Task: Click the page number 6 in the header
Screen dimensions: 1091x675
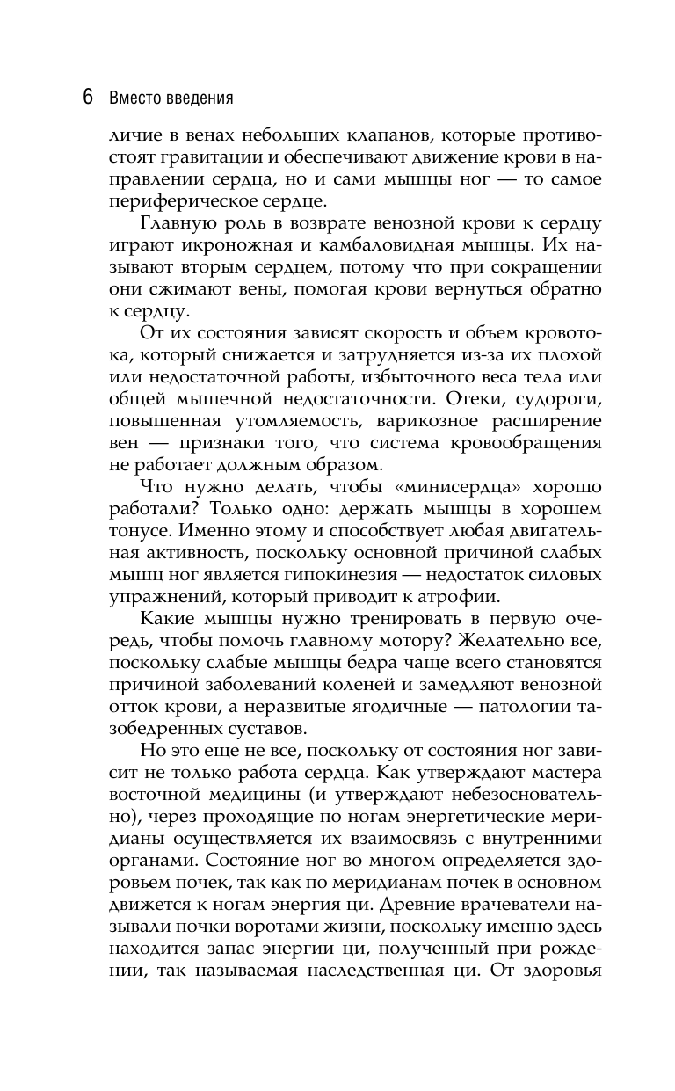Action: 88,97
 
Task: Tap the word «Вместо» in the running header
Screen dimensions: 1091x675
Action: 134,98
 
